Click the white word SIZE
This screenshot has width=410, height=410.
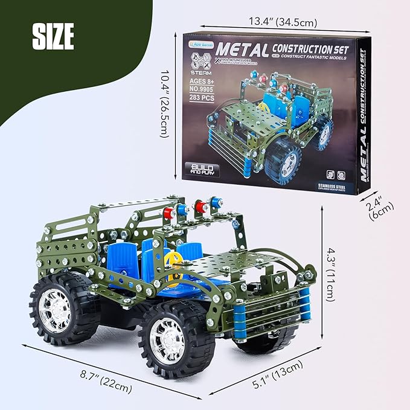tap(53, 37)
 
